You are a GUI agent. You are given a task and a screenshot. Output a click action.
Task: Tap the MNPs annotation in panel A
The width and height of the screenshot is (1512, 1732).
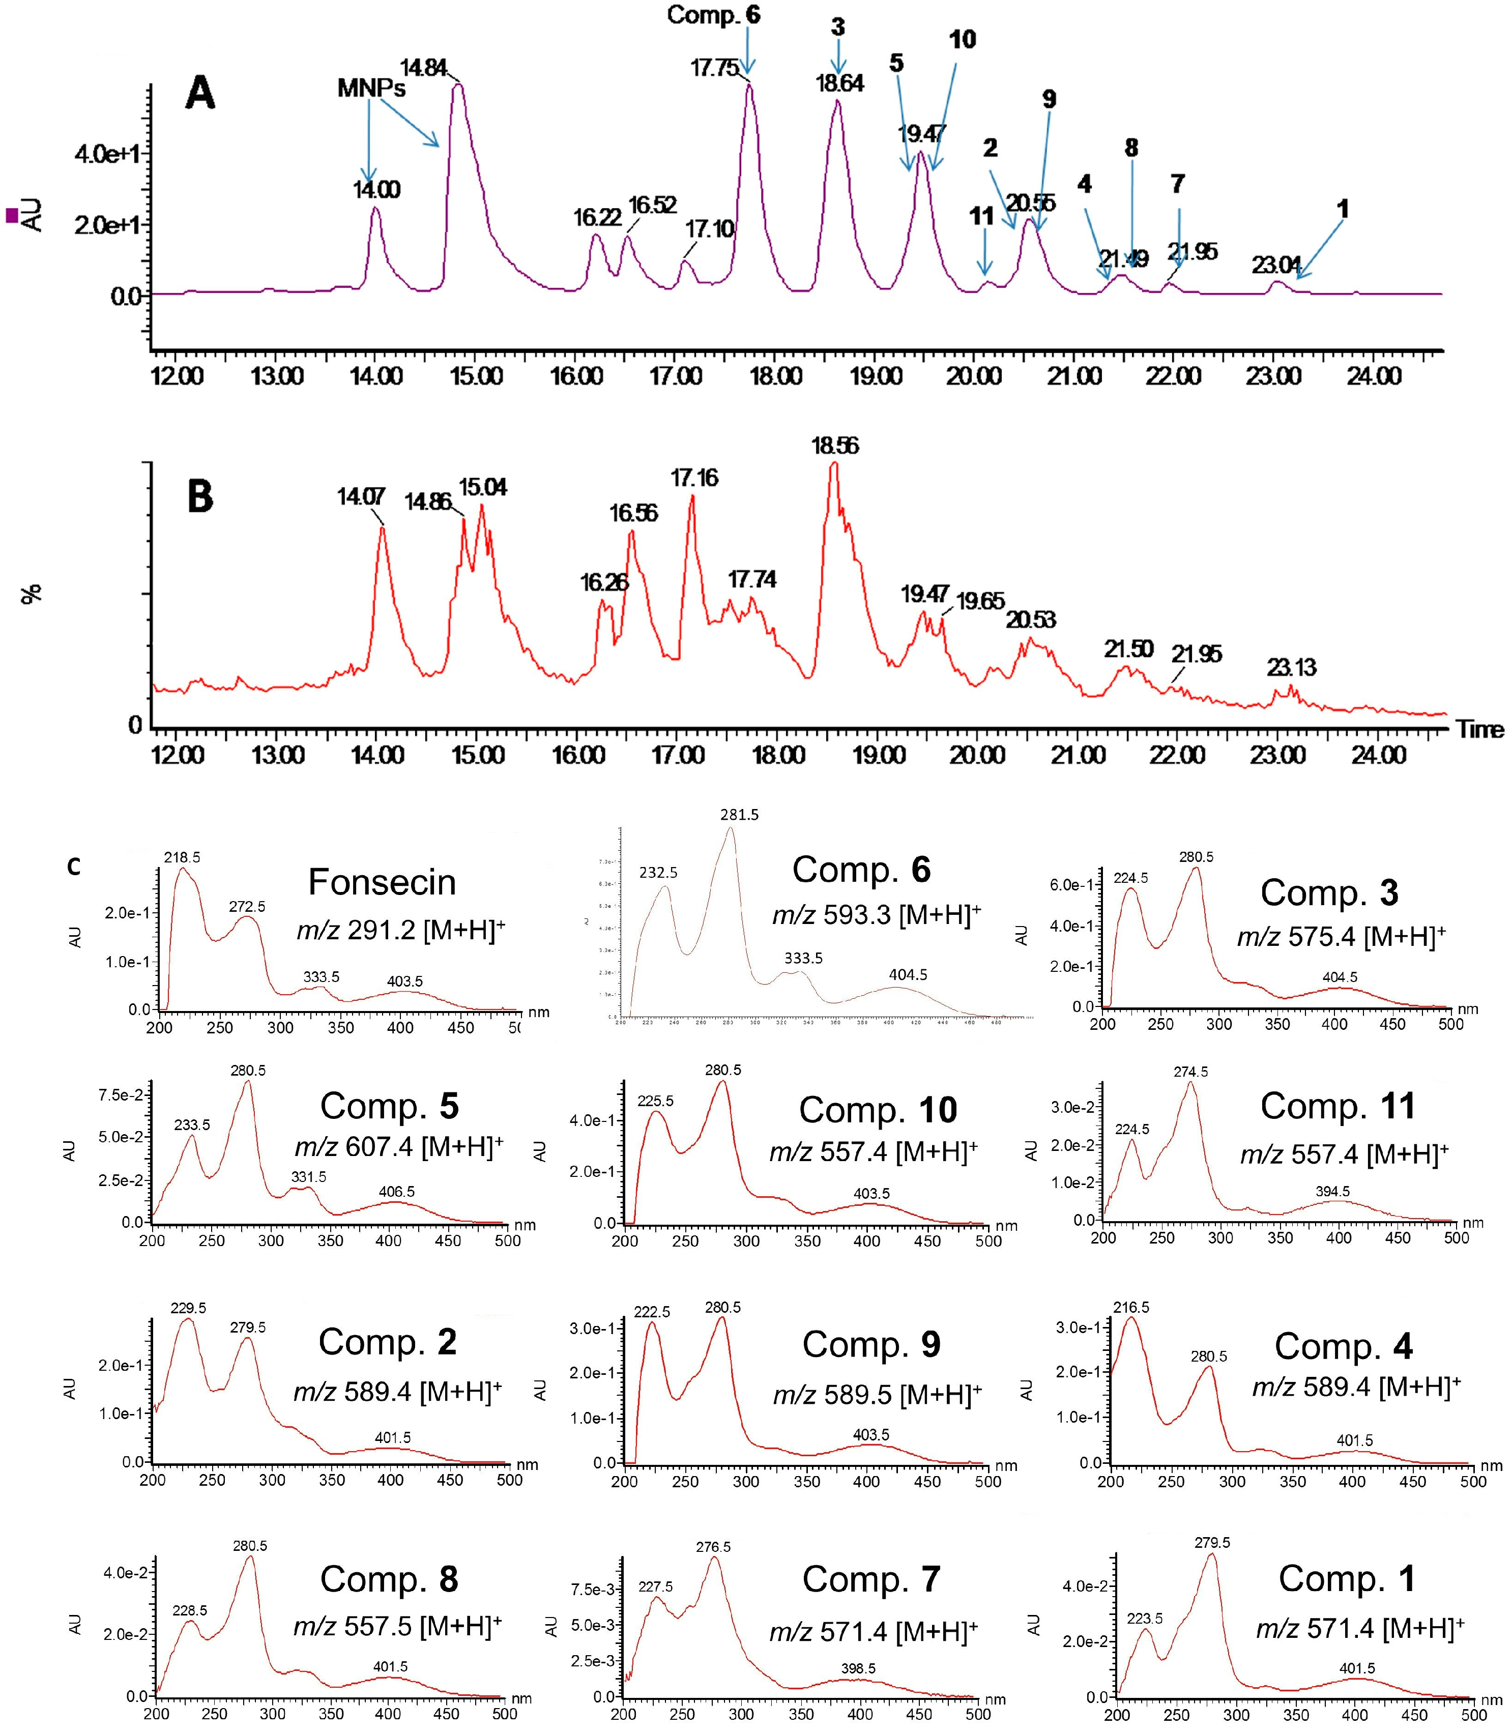[x=371, y=88]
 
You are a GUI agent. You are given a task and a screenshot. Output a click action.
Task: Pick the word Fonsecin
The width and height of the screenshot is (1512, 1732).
[x=382, y=882]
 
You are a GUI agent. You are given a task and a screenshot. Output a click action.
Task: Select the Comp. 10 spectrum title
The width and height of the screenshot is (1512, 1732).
[x=878, y=1110]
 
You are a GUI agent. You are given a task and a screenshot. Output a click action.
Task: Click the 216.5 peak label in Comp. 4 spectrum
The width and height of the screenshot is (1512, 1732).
[x=1130, y=1307]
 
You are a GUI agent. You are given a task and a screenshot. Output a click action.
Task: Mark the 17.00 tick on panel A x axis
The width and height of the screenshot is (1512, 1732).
[x=676, y=376]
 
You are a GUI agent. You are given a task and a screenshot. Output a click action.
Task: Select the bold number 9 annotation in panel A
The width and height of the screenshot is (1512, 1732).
[x=1049, y=100]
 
